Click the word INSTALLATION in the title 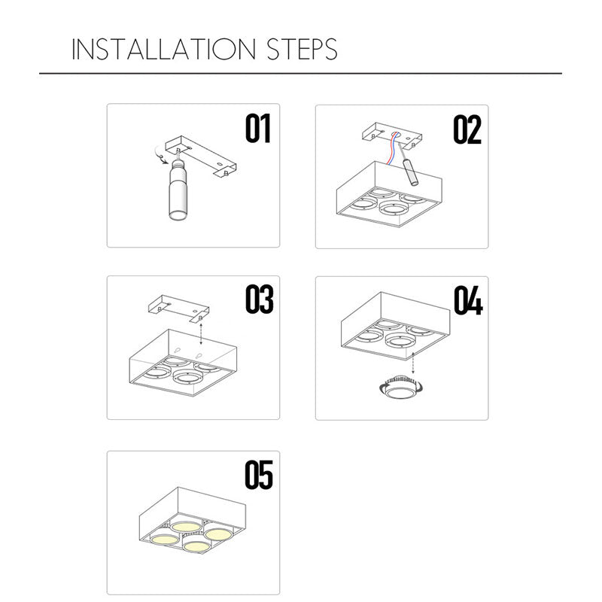163,49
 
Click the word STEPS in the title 303,49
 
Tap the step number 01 258,128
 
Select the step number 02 467,129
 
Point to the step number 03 259,299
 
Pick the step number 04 468,300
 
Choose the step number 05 259,475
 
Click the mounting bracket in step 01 200,157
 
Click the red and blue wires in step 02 392,148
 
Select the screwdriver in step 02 408,165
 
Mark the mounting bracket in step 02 392,135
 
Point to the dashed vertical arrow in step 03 201,333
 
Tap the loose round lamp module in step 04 401,389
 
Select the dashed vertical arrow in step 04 412,363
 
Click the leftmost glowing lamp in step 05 165,539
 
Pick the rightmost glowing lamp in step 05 218,534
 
